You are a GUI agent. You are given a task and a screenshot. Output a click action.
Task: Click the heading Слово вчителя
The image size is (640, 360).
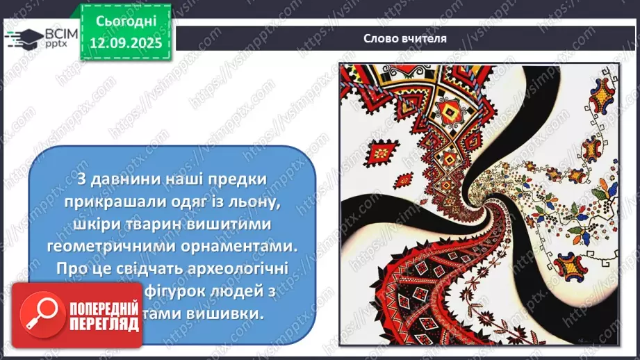click(404, 38)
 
